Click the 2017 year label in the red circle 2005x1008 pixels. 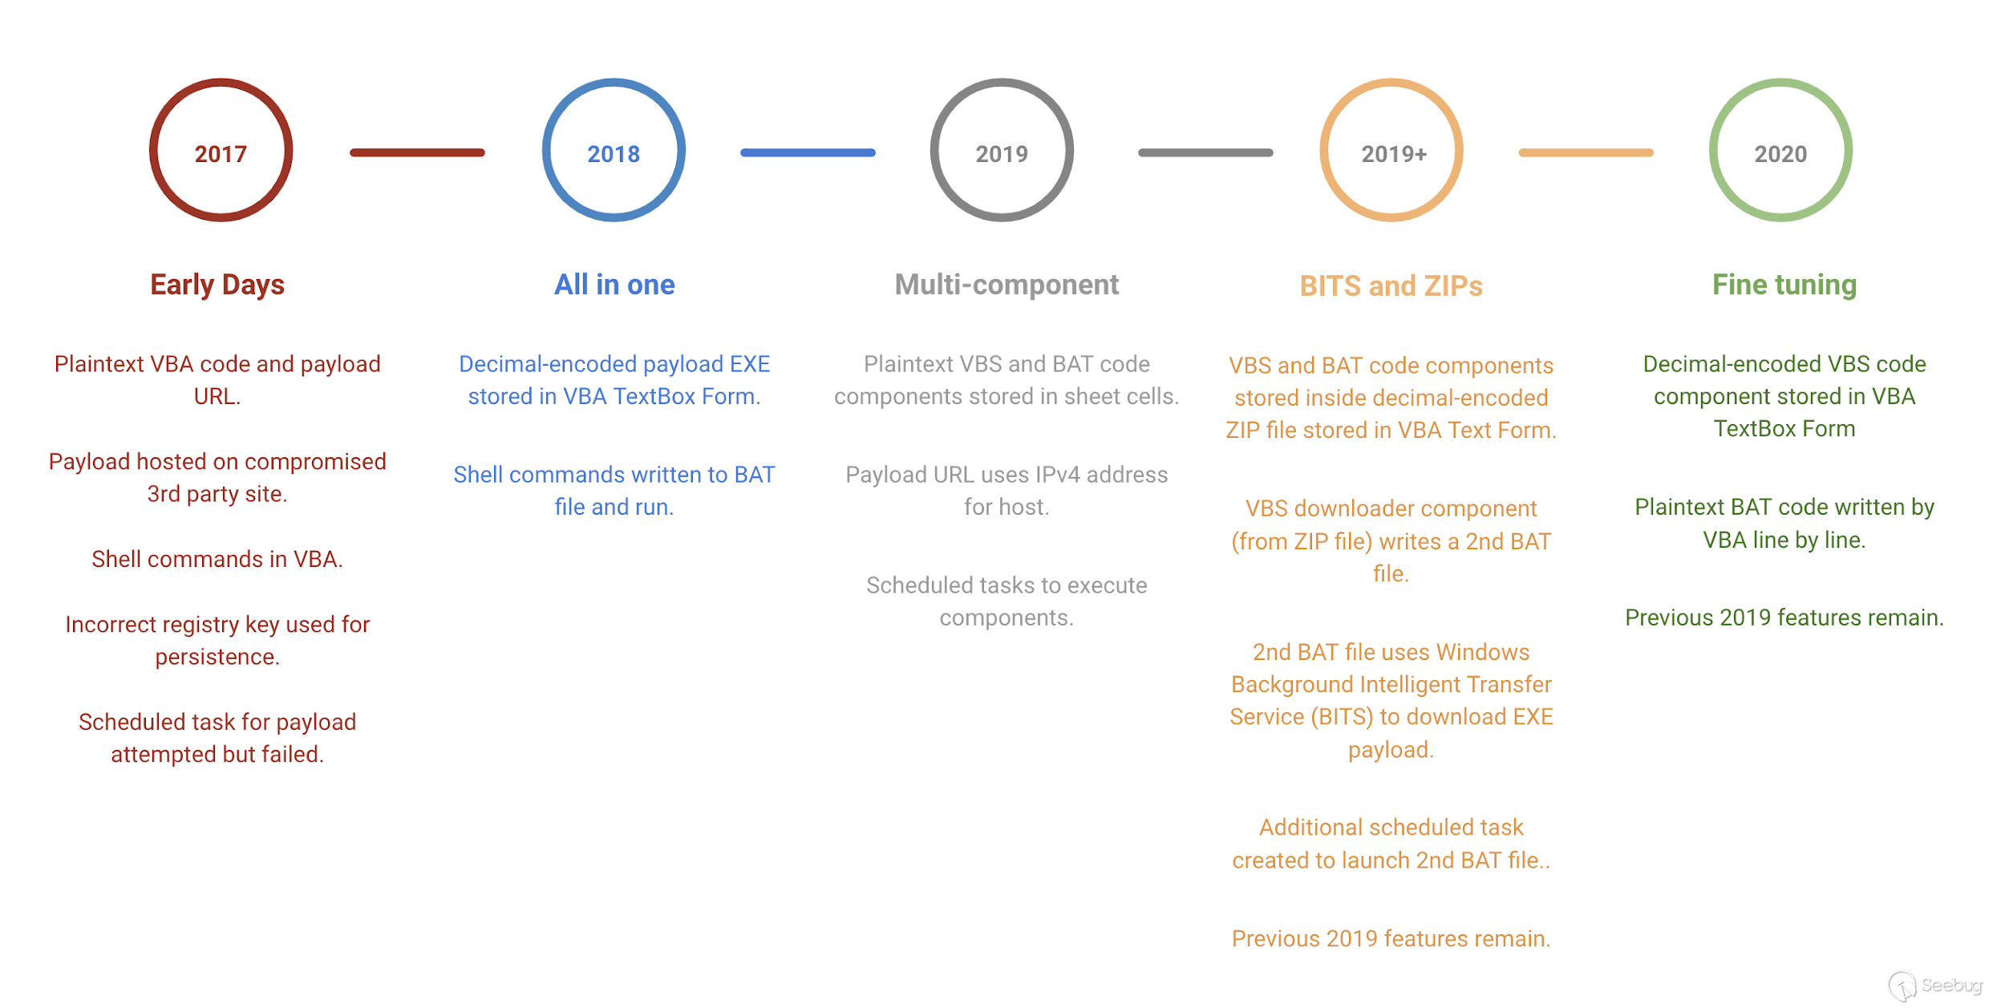pyautogui.click(x=221, y=154)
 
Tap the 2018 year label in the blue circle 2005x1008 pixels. pyautogui.click(x=614, y=154)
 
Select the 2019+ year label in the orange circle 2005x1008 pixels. pyautogui.click(x=1394, y=154)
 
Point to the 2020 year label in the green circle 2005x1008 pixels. pyautogui.click(x=1780, y=154)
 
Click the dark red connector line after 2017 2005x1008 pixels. pyautogui.click(x=417, y=152)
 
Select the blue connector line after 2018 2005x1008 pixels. pyautogui.click(x=808, y=152)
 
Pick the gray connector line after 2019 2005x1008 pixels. pyautogui.click(x=1205, y=152)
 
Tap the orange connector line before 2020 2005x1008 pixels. pyautogui.click(x=1586, y=152)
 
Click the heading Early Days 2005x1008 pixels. pyautogui.click(x=217, y=285)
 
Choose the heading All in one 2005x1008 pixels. pyautogui.click(x=614, y=285)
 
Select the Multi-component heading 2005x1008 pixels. pyautogui.click(x=1007, y=285)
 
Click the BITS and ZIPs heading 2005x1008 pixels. pyautogui.click(x=1391, y=286)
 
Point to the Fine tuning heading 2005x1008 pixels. pyautogui.click(x=1784, y=285)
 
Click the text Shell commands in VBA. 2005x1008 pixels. pyautogui.click(x=217, y=559)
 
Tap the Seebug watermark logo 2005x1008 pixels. pyautogui.click(x=1934, y=986)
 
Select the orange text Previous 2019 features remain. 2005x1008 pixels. pyautogui.click(x=1391, y=938)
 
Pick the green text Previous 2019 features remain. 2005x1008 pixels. pyautogui.click(x=1784, y=617)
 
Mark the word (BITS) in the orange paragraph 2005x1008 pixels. pyautogui.click(x=1342, y=717)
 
